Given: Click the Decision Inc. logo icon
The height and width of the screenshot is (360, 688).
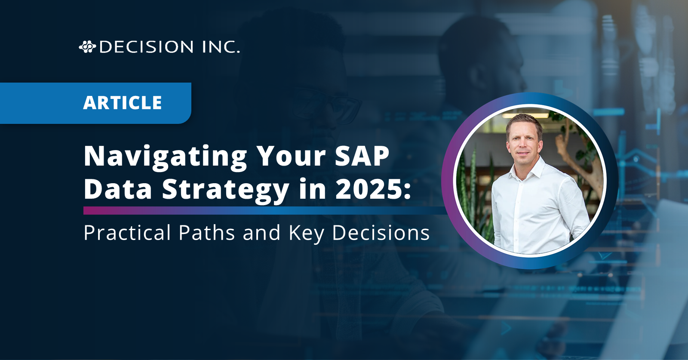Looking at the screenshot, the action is (88, 47).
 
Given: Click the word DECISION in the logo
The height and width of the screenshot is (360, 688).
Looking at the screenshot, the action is (147, 47).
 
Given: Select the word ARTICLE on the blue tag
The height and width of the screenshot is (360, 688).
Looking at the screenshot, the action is (122, 103).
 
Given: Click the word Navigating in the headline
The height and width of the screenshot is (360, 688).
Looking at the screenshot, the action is (165, 157).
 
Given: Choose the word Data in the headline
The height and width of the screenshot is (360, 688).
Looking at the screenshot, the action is (118, 188).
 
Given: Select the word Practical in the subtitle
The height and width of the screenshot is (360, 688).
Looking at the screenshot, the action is (127, 233).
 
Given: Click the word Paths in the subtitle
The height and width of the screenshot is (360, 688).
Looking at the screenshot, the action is (207, 233).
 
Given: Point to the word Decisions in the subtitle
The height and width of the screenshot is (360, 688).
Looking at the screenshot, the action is (381, 233).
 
